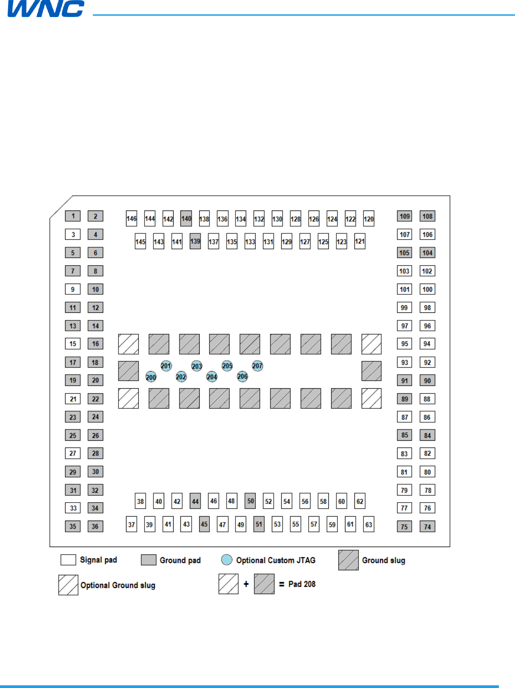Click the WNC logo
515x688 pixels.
(46, 9)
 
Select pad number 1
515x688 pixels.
(73, 216)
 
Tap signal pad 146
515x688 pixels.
(131, 219)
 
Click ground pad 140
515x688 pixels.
(186, 219)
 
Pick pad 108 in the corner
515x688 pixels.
(428, 216)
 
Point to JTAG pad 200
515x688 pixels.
(151, 377)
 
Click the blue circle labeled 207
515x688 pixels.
(257, 366)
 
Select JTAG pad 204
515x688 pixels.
(212, 377)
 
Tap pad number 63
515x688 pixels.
(369, 524)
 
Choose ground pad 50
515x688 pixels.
(250, 501)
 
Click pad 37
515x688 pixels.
(131, 524)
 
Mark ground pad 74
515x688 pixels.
(428, 526)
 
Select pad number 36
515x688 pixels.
(95, 526)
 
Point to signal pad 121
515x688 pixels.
(360, 241)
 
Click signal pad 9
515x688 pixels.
(73, 289)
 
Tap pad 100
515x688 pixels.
(428, 289)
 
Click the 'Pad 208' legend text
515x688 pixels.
(302, 584)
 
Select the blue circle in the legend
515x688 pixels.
(227, 560)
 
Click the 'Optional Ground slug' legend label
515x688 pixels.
(118, 585)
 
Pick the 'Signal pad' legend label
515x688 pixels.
(98, 560)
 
